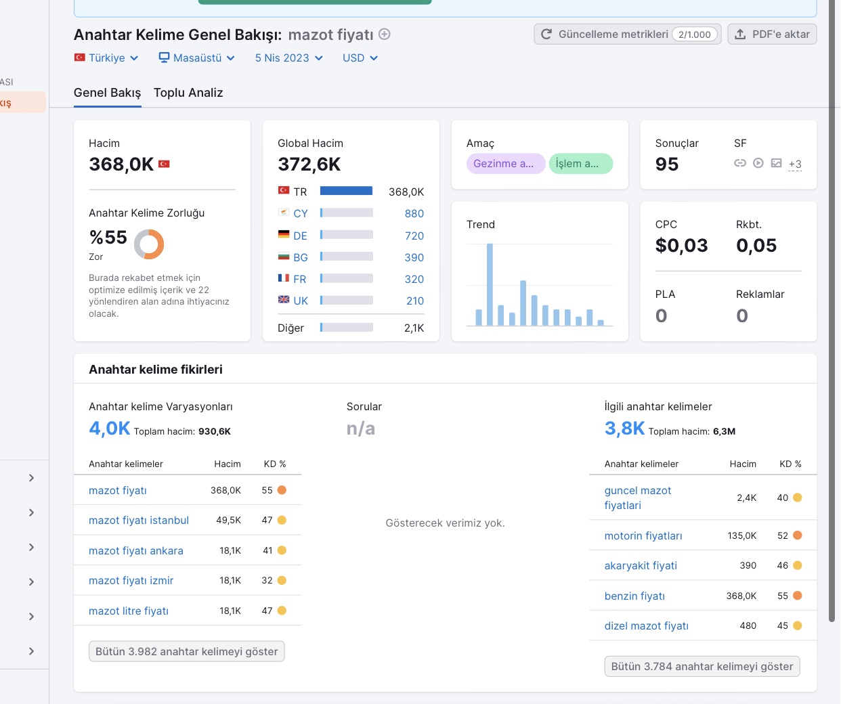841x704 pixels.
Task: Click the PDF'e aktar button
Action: [772, 35]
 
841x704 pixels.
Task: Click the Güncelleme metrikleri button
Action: [627, 35]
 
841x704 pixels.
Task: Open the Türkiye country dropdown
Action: [106, 58]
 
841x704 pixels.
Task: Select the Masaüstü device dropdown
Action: [197, 58]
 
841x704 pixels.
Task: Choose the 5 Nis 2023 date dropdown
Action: [288, 58]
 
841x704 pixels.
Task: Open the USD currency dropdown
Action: [360, 58]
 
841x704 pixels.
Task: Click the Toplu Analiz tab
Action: [188, 93]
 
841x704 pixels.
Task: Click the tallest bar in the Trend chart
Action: [490, 284]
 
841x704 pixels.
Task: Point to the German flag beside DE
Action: [284, 234]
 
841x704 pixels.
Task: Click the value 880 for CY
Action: [414, 213]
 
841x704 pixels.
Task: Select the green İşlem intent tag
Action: [581, 164]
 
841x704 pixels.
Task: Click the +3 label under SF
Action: [795, 164]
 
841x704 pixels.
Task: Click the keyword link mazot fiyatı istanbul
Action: [139, 520]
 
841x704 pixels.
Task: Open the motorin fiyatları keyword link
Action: [643, 535]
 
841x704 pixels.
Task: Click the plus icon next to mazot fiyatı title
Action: [385, 35]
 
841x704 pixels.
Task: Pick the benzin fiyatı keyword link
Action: [634, 596]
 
